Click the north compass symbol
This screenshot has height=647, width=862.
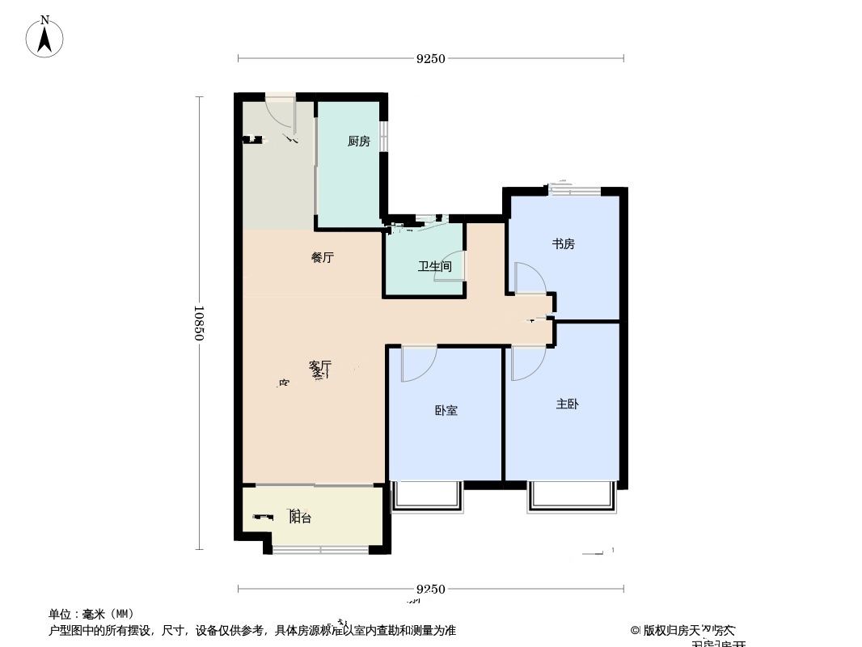click(45, 36)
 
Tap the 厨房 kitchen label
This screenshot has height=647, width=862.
click(358, 142)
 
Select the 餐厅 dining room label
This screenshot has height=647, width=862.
click(323, 258)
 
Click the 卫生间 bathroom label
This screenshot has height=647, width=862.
click(434, 266)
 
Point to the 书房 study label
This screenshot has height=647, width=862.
click(564, 243)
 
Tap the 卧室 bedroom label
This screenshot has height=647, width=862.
click(446, 410)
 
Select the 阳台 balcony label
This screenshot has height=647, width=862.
click(300, 518)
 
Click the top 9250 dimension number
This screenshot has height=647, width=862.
click(431, 58)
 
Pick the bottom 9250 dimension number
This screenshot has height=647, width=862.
click(431, 589)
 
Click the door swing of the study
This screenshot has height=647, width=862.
click(530, 277)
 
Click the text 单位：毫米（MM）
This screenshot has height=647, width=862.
click(91, 614)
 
